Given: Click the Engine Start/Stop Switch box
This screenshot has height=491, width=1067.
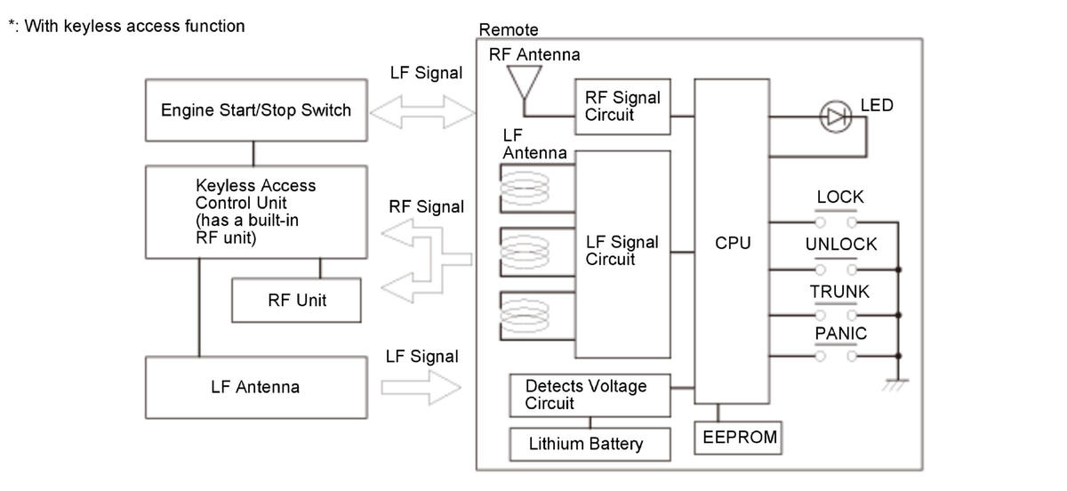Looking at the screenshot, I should coord(255,111).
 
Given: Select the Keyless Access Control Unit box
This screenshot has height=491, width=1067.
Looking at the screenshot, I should coord(255,212).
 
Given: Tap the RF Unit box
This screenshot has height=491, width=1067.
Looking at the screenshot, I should coord(296,301).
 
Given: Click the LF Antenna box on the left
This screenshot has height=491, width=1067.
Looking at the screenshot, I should coord(255,388).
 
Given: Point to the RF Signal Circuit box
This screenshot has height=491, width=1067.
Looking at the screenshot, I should coord(622,106).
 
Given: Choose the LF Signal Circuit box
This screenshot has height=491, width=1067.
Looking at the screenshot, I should coord(622,253).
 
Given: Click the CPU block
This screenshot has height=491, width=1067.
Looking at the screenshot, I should coord(733,242).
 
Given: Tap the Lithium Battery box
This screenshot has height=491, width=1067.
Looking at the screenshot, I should coord(590,444).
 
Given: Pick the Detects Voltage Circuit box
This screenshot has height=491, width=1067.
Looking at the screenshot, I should coord(590,395).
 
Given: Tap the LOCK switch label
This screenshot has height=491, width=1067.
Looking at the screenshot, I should coord(839,197).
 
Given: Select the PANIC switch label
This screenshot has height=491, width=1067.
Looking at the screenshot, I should coord(840,334).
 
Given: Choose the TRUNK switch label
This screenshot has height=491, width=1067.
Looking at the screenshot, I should coord(839,292).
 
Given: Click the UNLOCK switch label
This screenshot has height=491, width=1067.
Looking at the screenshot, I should coord(840,245).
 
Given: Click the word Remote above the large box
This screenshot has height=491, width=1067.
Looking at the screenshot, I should coord(509,30).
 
